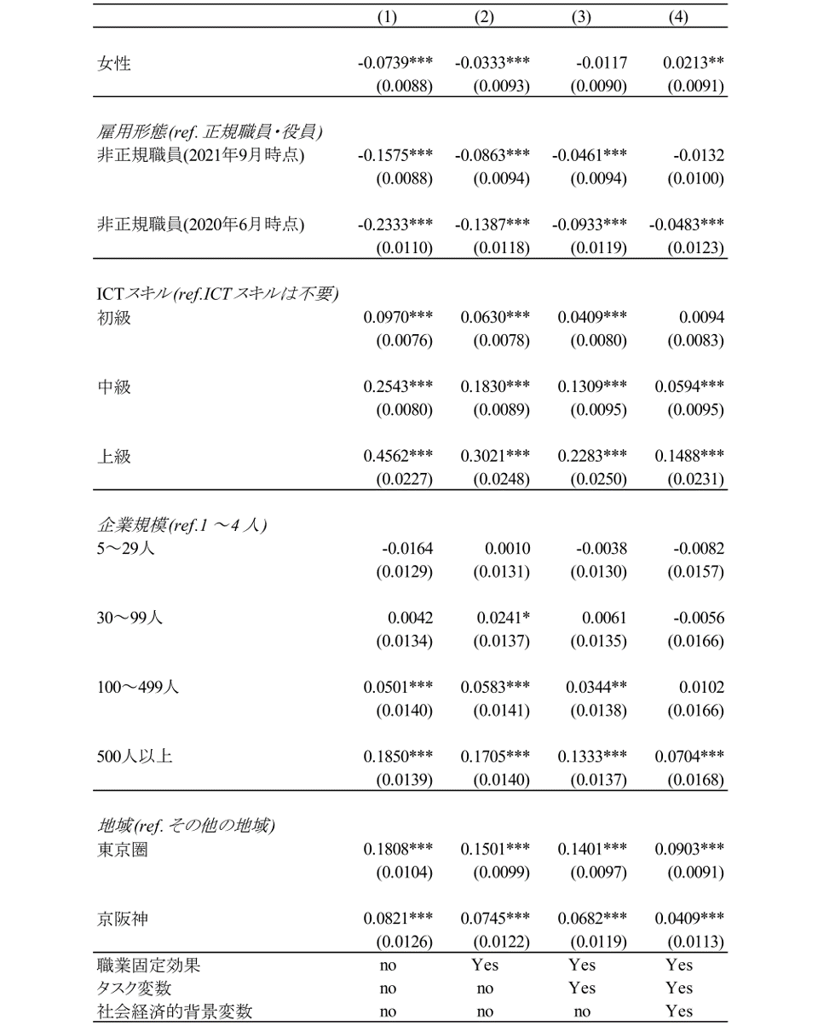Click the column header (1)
coord(388,19)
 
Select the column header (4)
coord(679,19)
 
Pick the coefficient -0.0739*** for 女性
coord(395,62)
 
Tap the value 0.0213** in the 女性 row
coord(694,62)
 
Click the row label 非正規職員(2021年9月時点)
coord(200,155)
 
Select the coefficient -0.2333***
coord(395,225)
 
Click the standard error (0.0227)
coord(405,479)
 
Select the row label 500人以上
coord(134,756)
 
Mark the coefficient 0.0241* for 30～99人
coord(503,618)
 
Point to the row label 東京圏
coord(122,850)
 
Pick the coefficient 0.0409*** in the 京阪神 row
coord(689,919)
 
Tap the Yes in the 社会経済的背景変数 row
coord(679,1012)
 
